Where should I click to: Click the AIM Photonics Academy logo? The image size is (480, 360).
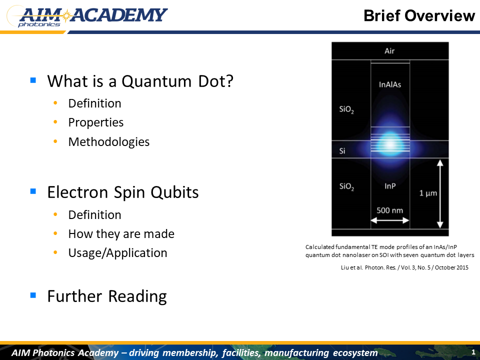coord(87,16)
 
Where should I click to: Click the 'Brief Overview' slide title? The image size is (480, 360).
coord(419,15)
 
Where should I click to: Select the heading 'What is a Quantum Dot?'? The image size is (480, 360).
coord(140,81)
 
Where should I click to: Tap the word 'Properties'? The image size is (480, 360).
coord(96,122)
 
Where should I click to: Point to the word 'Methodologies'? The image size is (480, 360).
coord(109,141)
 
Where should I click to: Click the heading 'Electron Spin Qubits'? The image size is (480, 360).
coord(123,192)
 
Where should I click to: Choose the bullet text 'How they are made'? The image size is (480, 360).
coord(121,234)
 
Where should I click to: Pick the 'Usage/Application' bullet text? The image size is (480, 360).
coord(118,253)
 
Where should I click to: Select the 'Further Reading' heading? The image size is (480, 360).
coord(107,296)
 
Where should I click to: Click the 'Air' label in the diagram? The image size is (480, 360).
coord(389,51)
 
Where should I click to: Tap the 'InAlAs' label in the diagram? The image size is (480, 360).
coord(390,84)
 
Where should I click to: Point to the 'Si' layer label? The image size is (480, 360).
coord(342,151)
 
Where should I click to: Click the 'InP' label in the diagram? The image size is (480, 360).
coord(390,186)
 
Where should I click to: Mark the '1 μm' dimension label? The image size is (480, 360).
coord(428,193)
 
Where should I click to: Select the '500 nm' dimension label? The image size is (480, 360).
coord(389,210)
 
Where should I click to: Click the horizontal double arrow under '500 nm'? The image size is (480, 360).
coord(390,220)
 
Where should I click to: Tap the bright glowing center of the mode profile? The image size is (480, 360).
coord(390,144)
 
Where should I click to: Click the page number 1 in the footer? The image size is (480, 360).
coord(473,352)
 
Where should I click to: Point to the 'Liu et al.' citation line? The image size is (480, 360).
coord(404,267)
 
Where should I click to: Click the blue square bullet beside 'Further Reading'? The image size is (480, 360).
coord(33,295)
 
